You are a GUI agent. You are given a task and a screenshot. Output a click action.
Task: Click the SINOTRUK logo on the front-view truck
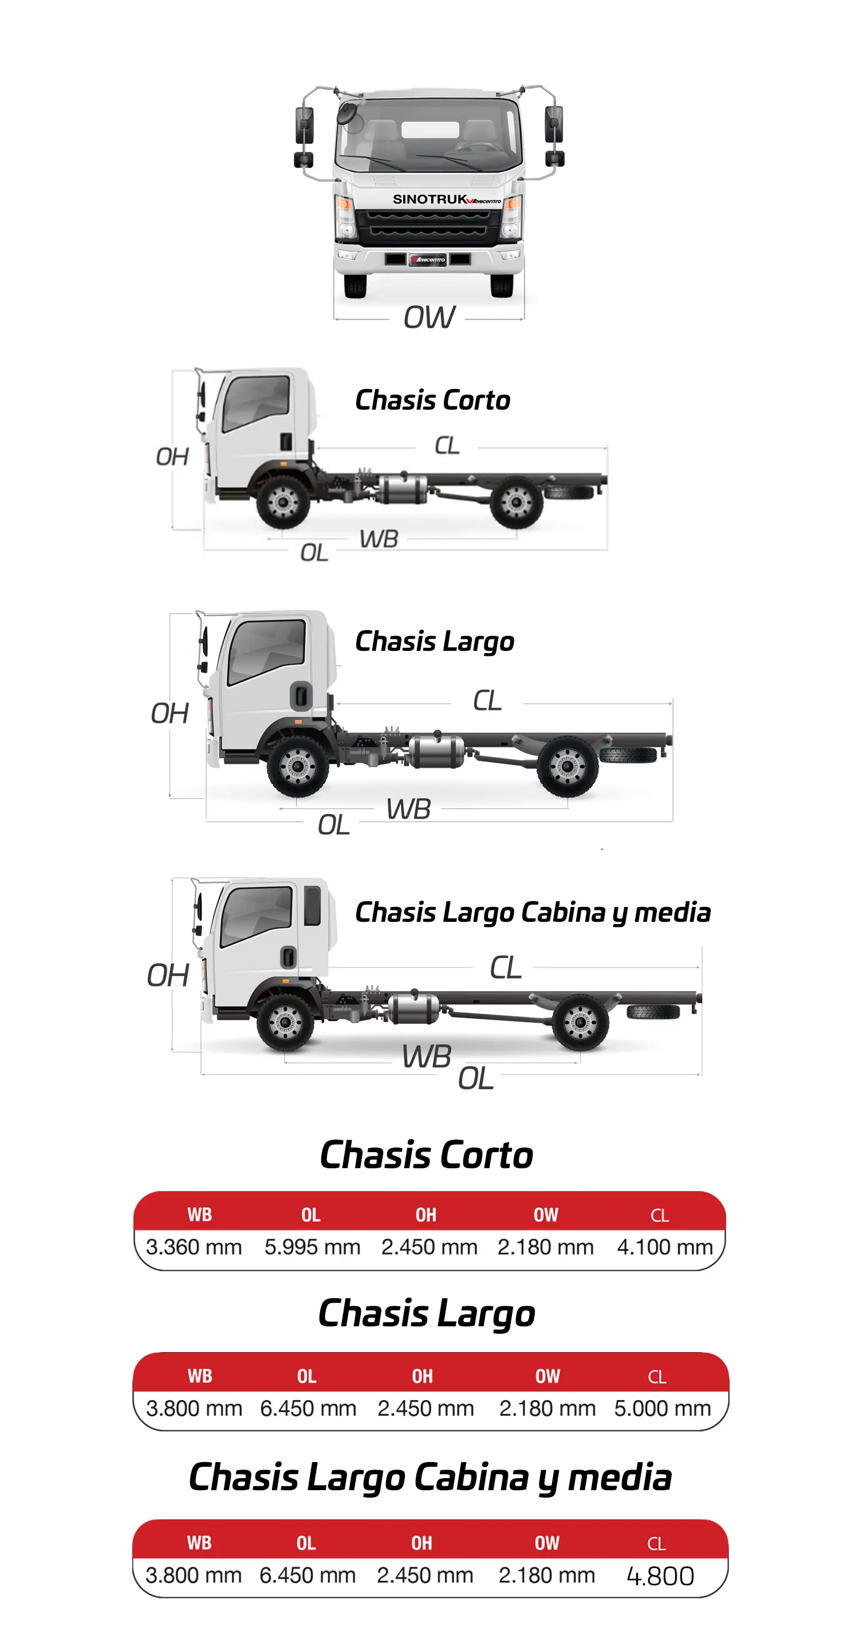point(430,199)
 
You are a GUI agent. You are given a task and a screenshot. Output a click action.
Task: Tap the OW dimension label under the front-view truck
point(429,317)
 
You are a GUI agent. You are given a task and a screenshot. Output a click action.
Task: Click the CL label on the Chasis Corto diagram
point(447,446)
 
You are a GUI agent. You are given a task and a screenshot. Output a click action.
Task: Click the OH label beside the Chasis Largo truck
point(170,713)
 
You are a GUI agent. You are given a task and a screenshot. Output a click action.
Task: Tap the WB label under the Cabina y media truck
point(426,1056)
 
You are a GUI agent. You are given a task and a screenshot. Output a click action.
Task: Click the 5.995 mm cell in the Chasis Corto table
point(312,1247)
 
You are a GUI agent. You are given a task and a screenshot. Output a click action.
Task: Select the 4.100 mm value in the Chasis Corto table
point(665,1247)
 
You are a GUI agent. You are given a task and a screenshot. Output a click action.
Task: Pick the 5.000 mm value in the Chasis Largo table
point(662,1408)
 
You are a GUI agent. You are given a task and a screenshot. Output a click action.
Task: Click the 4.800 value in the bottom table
point(660,1576)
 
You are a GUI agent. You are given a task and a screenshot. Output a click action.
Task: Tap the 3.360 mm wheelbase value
point(194,1247)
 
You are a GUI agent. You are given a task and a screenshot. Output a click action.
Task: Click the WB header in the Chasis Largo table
point(199,1376)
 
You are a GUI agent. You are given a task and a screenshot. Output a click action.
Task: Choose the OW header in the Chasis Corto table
point(546,1215)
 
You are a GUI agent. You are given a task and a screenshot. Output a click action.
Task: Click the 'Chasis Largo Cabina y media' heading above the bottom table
point(430,1478)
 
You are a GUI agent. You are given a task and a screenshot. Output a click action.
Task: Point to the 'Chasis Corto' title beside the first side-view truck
point(433,400)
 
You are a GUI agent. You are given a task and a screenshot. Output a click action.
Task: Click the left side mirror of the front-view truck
point(305,125)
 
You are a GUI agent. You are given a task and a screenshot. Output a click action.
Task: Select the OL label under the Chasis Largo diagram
point(333,825)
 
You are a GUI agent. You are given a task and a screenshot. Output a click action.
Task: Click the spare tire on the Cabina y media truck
point(652,1012)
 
